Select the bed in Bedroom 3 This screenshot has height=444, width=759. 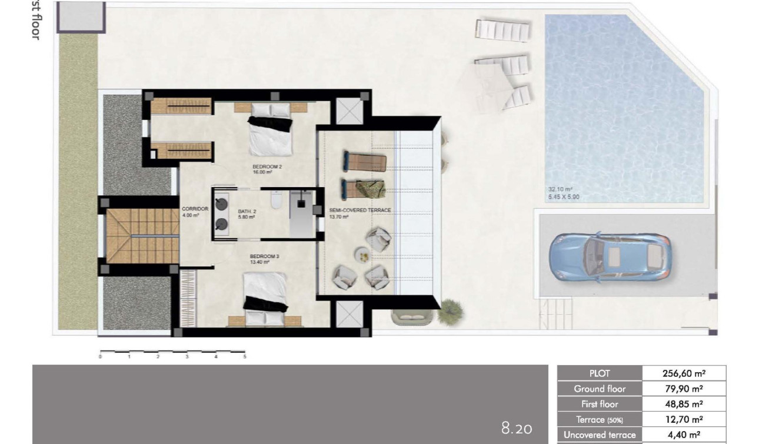point(265,298)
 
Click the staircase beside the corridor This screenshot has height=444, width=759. point(126,236)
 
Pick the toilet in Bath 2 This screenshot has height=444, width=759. point(275,202)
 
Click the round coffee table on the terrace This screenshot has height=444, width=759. point(362,255)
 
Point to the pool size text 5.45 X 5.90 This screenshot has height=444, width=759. point(563,197)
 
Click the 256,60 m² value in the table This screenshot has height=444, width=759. point(684,373)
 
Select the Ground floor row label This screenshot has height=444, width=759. point(600,389)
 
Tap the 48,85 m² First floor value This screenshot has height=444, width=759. point(684,404)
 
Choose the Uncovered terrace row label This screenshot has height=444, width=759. point(600,435)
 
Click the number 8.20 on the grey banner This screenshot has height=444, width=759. point(517,428)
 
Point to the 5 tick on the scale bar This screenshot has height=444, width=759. point(245,356)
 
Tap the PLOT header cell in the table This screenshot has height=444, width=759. point(600,373)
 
